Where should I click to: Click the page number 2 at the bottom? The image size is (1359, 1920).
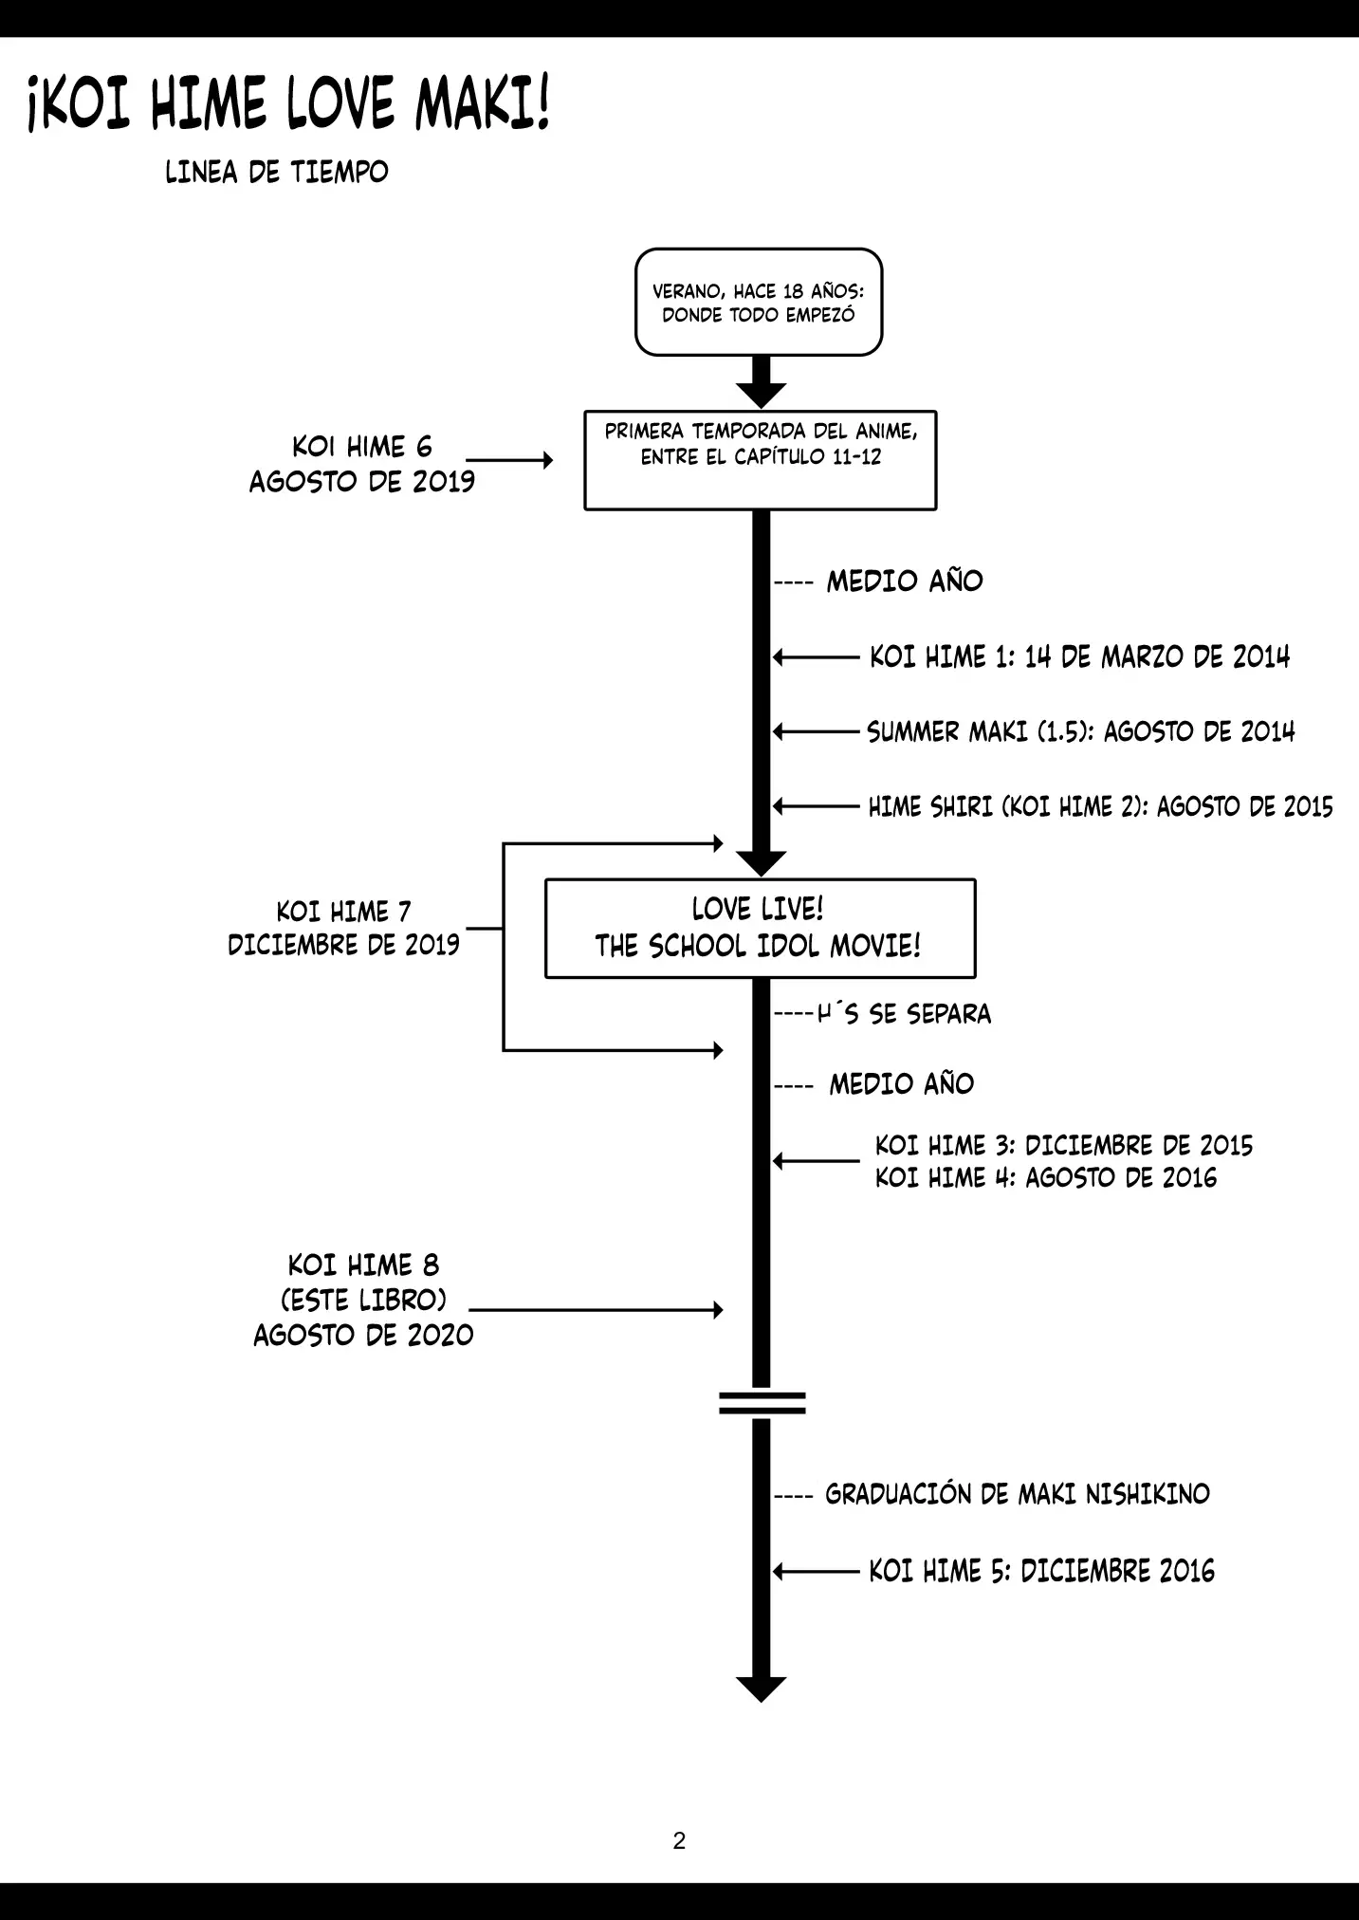(679, 1840)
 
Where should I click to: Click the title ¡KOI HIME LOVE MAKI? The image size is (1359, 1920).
(289, 104)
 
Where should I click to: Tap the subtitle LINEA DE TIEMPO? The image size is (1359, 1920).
(277, 173)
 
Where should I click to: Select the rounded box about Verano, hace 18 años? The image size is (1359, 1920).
(759, 303)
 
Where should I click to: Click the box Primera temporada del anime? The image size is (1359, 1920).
(761, 460)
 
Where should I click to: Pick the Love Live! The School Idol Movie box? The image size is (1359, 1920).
(760, 928)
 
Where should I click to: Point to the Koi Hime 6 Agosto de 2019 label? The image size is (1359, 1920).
(361, 464)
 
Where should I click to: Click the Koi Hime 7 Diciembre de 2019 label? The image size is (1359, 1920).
(343, 928)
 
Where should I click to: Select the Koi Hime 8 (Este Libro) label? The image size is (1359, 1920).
(363, 1300)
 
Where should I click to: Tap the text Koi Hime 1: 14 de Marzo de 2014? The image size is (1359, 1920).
(1079, 656)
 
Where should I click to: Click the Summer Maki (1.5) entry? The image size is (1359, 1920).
(1080, 731)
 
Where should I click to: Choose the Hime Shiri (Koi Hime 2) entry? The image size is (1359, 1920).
(1100, 806)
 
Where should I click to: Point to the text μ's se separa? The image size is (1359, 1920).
(904, 1014)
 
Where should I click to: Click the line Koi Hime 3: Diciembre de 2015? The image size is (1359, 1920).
(1063, 1145)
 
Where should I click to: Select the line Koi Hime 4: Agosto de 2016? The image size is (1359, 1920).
(1045, 1178)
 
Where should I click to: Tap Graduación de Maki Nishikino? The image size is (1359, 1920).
(1017, 1494)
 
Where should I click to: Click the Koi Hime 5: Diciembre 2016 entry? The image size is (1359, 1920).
(1041, 1572)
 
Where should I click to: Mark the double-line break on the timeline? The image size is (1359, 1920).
(762, 1403)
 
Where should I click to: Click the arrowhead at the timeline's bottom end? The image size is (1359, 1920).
(761, 1689)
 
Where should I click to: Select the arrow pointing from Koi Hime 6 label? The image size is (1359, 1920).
(509, 460)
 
